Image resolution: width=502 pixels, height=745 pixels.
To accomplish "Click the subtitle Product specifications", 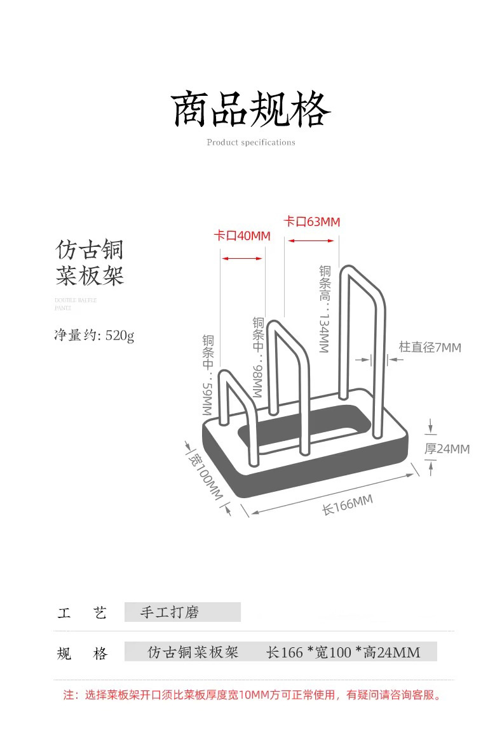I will (x=251, y=143).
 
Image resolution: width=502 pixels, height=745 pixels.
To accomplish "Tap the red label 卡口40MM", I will (x=241, y=236).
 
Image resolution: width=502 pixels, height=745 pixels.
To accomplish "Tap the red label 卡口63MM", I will (x=311, y=221).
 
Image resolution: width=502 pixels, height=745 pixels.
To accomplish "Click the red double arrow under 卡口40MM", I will (x=241, y=258).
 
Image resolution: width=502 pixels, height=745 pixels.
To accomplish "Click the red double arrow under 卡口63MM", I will (x=311, y=241).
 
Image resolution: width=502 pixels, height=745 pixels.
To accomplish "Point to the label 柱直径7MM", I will (x=430, y=347).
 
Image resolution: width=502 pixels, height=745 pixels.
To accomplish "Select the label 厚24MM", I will (x=447, y=449).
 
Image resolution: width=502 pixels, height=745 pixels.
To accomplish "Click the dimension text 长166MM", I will (x=347, y=505).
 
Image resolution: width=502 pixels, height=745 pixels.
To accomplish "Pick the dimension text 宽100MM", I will (x=207, y=475).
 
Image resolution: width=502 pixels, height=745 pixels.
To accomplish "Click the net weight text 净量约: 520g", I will (x=94, y=335).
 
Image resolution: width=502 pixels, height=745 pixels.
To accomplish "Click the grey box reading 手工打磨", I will (x=182, y=612).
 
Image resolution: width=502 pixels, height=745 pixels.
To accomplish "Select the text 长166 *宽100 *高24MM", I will (x=343, y=652).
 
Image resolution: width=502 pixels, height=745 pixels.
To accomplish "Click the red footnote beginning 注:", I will (x=252, y=695).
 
